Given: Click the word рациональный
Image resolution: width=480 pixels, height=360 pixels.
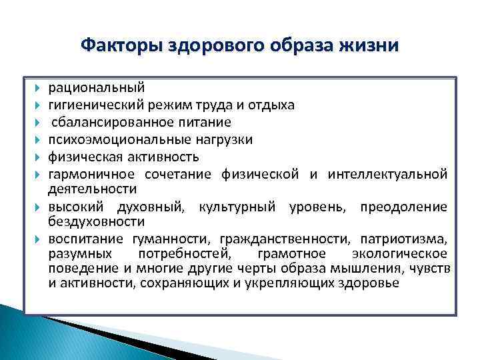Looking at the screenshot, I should tap(95, 87).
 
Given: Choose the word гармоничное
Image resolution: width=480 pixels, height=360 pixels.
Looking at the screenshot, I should tap(89, 174).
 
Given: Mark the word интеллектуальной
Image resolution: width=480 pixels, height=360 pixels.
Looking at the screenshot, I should tap(393, 174).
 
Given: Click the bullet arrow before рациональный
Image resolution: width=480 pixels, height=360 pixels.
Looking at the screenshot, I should tap(38, 88).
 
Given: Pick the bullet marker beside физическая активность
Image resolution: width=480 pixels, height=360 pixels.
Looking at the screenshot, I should tap(38, 157).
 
